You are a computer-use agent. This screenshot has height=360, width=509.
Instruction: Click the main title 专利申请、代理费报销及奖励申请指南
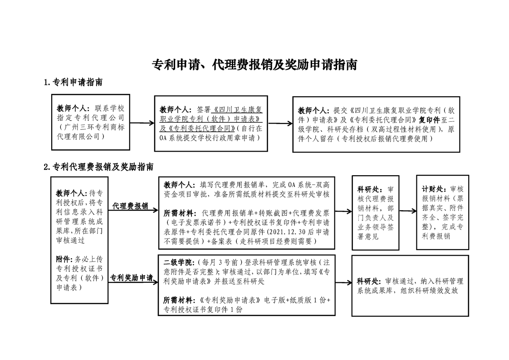click(254, 64)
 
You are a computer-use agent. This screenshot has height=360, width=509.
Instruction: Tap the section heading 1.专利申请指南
click(73, 83)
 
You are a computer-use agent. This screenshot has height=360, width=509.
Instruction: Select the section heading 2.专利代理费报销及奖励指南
click(99, 167)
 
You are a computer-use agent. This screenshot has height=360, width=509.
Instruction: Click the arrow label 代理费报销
click(130, 206)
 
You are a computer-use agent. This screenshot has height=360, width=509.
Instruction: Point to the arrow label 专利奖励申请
click(132, 278)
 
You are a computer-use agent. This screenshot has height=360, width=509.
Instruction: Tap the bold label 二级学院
click(179, 262)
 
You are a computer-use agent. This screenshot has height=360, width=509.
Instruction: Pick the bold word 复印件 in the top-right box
click(429, 120)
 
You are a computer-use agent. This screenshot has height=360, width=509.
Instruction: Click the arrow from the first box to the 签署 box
click(142, 123)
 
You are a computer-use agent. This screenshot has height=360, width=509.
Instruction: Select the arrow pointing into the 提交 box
click(280, 123)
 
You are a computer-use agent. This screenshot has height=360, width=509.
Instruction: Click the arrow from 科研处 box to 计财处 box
click(408, 211)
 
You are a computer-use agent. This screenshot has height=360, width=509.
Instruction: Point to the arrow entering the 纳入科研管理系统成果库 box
click(344, 283)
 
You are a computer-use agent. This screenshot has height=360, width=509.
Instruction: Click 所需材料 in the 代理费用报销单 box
click(180, 213)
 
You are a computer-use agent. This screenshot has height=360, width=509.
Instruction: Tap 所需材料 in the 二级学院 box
click(180, 300)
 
